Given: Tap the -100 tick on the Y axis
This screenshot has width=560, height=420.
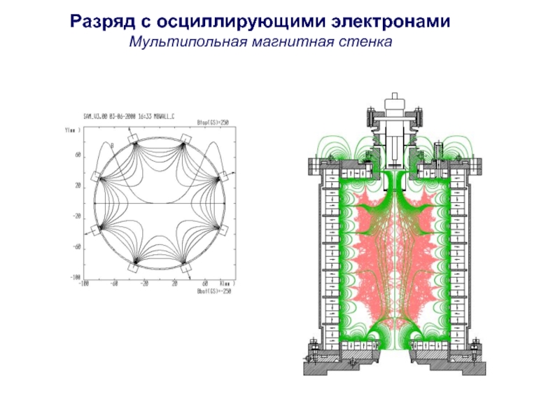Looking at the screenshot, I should (75, 278).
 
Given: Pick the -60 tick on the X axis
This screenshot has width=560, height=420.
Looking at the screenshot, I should (114, 284).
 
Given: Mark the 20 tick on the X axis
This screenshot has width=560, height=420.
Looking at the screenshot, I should (174, 284).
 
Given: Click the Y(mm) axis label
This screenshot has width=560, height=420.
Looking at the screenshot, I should (72, 130).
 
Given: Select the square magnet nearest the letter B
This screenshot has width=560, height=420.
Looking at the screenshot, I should (134, 139).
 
